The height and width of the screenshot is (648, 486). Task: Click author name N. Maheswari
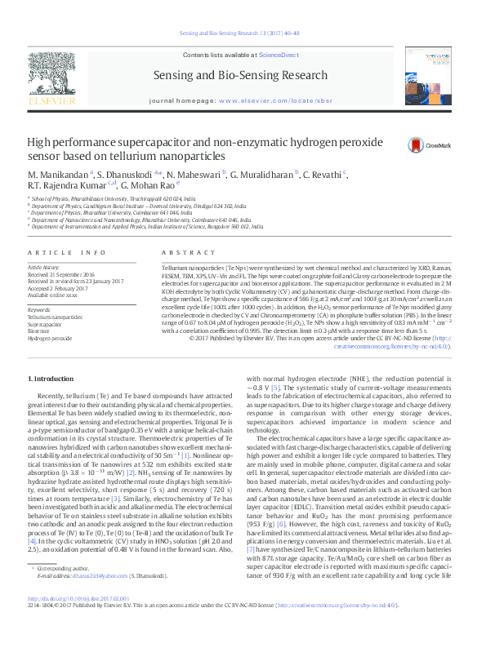pyautogui.click(x=193, y=175)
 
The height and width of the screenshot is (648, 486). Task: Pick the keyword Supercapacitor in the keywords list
pyautogui.click(x=46, y=323)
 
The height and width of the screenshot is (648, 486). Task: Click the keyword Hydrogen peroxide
pyautogui.click(x=50, y=337)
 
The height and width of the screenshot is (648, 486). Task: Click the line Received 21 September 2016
pyautogui.click(x=61, y=275)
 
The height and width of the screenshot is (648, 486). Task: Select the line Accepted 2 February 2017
pyautogui.click(x=59, y=288)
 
